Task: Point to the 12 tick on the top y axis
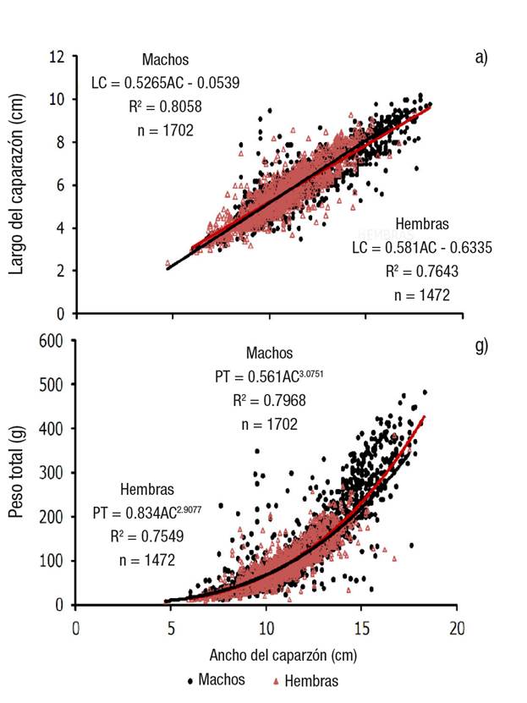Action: (x=58, y=58)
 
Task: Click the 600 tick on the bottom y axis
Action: (x=52, y=341)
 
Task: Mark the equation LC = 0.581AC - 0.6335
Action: (x=422, y=248)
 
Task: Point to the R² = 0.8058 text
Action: (x=165, y=107)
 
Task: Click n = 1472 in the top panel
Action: (x=422, y=295)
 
